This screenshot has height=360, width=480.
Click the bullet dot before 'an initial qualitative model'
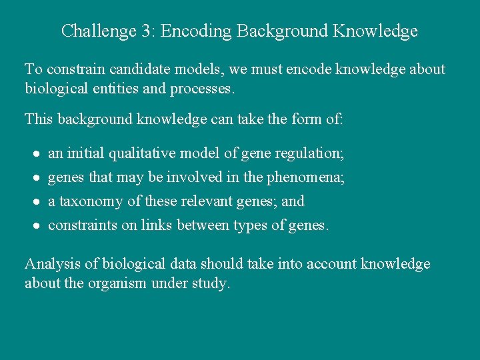[x=38, y=154]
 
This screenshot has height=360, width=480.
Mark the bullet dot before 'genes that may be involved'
[x=38, y=178]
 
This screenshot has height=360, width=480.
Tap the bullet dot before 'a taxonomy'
[x=38, y=202]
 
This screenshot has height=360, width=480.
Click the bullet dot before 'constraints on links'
[x=38, y=226]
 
